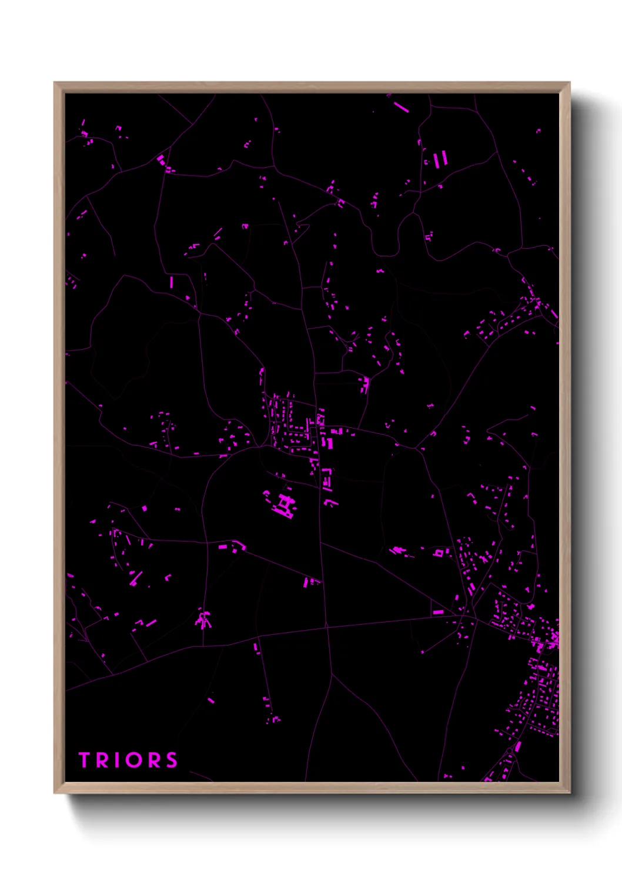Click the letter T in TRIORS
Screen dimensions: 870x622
[x=84, y=760]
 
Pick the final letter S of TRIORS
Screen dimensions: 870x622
[x=171, y=760]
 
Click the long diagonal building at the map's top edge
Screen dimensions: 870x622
[x=402, y=107]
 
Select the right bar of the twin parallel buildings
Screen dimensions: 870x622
[x=444, y=158]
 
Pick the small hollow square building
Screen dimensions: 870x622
[x=438, y=553]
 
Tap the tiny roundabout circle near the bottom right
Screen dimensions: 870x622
[x=509, y=754]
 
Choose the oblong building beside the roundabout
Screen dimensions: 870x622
[x=518, y=747]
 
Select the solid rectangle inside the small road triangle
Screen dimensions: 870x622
[x=438, y=613]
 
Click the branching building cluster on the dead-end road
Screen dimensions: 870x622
[x=204, y=619]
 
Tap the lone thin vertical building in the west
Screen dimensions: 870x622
[x=172, y=282]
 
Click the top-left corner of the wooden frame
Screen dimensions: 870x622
[x=55, y=83]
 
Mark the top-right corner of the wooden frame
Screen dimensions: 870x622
[x=569, y=83]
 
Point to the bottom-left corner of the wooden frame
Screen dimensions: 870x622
[x=55, y=792]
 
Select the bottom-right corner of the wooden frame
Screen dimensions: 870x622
[x=569, y=792]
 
